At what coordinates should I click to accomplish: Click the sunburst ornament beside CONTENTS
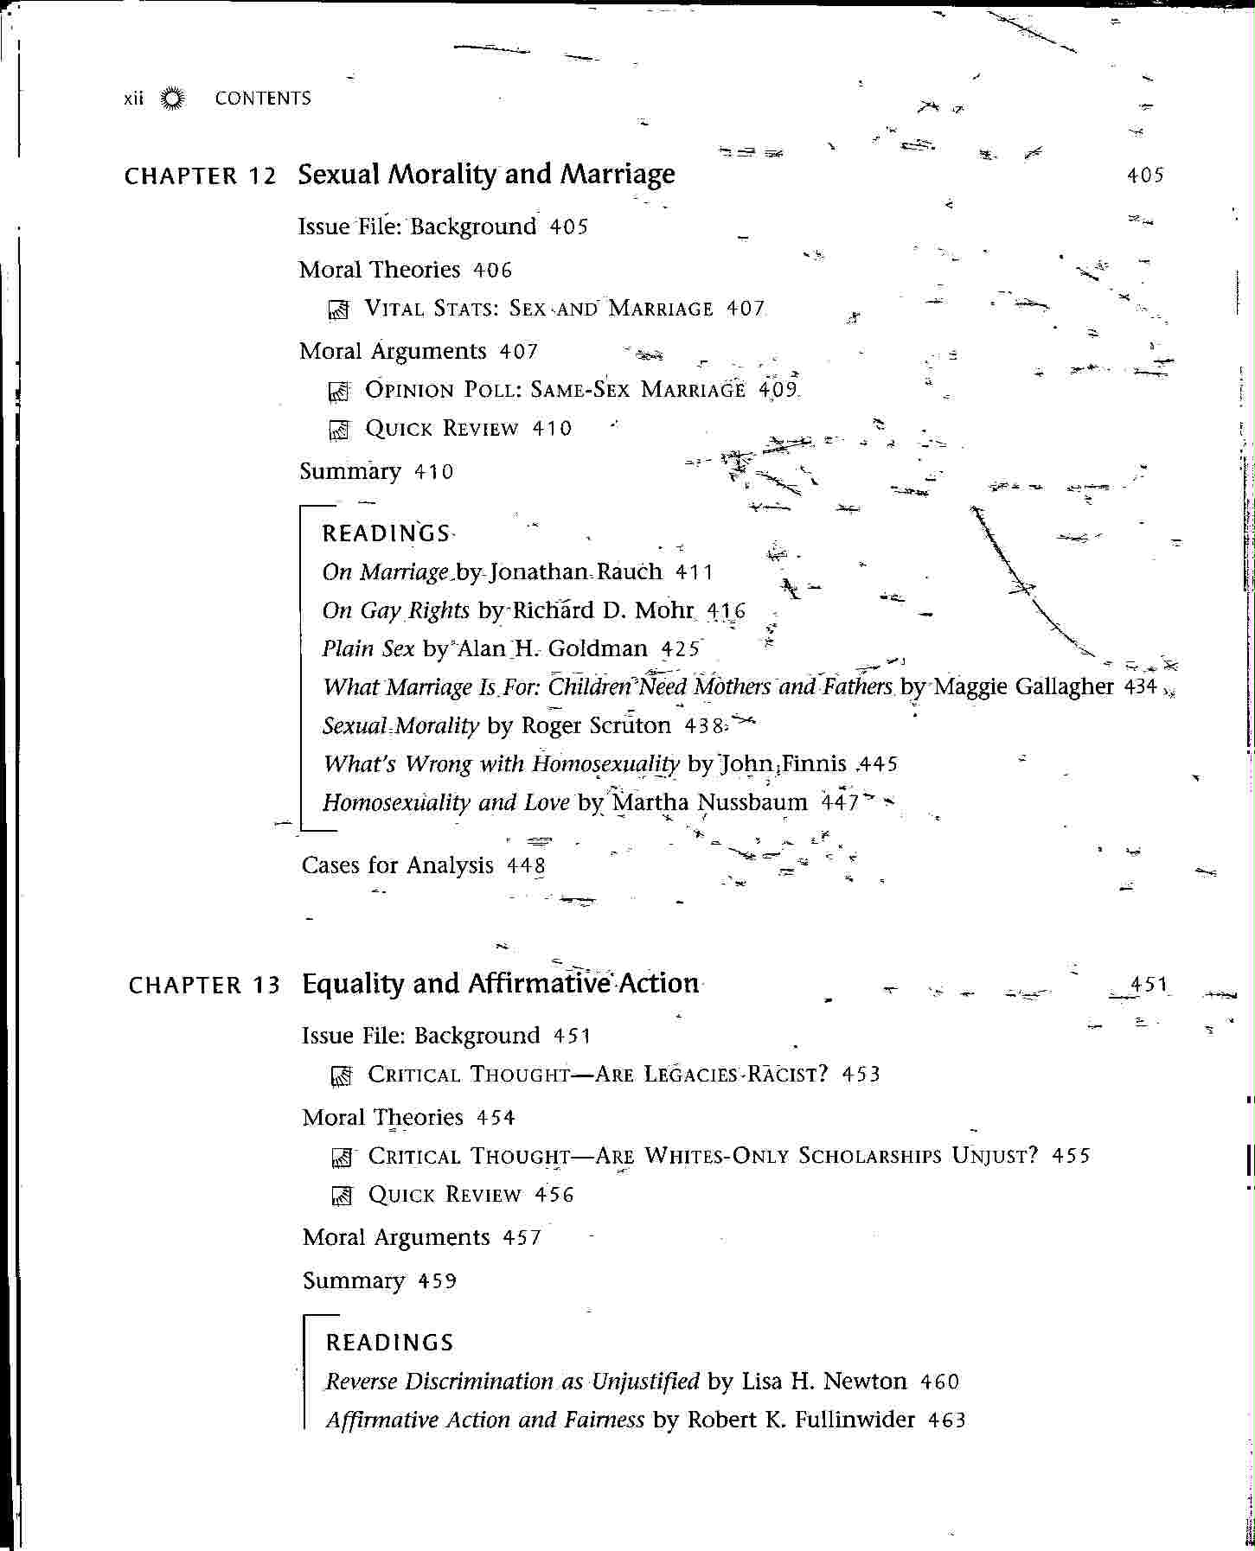pyautogui.click(x=173, y=99)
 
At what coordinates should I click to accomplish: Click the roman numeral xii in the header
pyautogui.click(x=133, y=99)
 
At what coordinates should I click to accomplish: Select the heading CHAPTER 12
pyautogui.click(x=200, y=176)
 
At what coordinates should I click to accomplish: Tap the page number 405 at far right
pyautogui.click(x=1145, y=176)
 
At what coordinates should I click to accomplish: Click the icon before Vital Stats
pyautogui.click(x=338, y=310)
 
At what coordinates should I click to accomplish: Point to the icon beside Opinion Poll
pyautogui.click(x=338, y=391)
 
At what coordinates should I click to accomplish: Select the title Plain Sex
pyautogui.click(x=368, y=649)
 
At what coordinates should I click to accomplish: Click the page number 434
pyautogui.click(x=1140, y=687)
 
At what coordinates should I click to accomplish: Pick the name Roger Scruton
pyautogui.click(x=596, y=726)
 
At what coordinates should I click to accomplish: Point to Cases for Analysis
pyautogui.click(x=397, y=866)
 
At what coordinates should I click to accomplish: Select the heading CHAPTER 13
pyautogui.click(x=204, y=986)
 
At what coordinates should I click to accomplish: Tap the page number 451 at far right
pyautogui.click(x=1149, y=985)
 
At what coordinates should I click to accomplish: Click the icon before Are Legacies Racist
pyautogui.click(x=342, y=1076)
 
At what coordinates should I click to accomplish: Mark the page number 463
pyautogui.click(x=946, y=1420)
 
